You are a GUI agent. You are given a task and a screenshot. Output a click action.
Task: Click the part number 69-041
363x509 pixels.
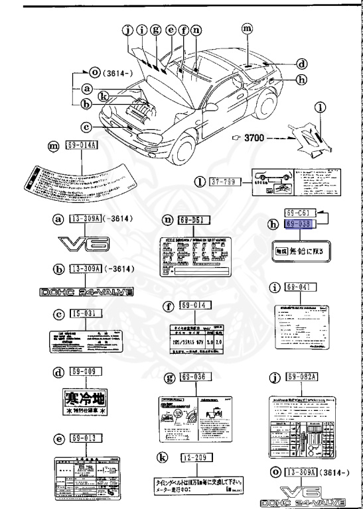[x=300, y=287]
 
